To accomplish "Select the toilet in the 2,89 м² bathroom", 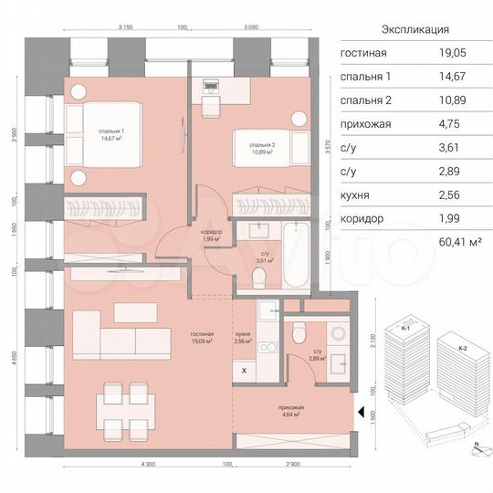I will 294,336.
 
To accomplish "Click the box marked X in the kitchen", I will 244,371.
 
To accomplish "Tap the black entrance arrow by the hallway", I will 362,414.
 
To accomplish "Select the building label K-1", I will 404,327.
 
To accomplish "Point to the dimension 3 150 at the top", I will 127,28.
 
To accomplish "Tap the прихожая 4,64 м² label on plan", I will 293,411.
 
